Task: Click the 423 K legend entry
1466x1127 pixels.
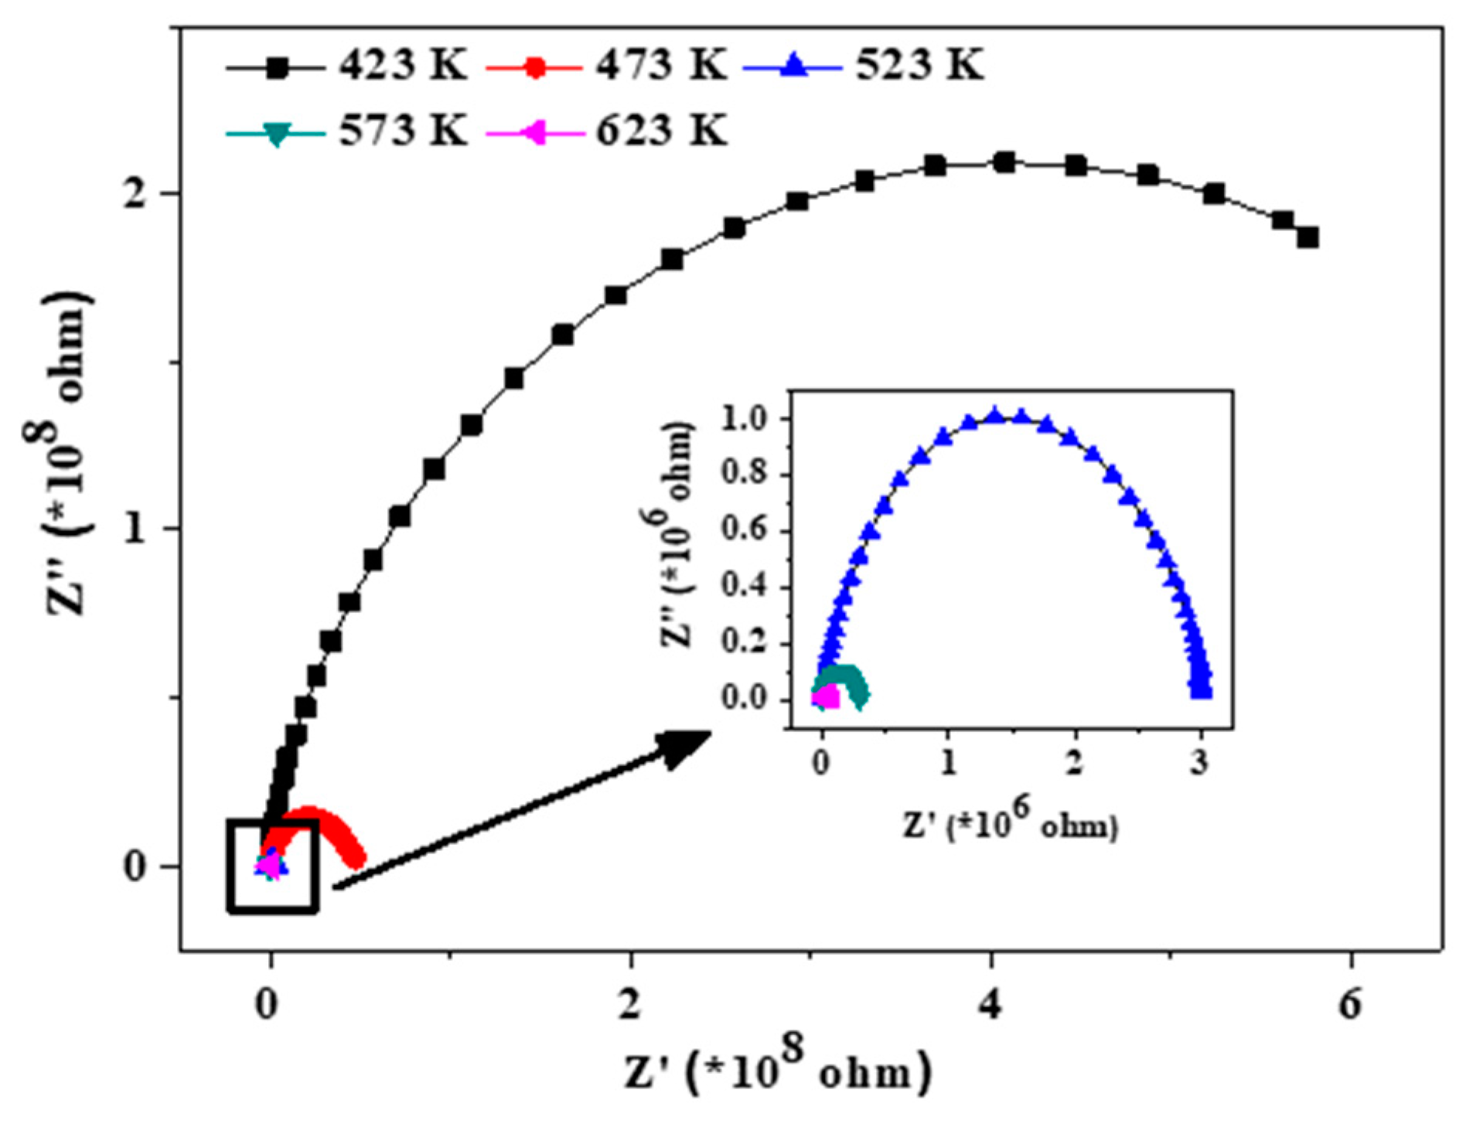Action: [x=348, y=66]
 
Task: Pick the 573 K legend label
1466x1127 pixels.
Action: [x=348, y=131]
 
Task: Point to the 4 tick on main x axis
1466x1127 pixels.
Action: [x=990, y=1005]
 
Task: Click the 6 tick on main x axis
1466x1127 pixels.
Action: [x=1350, y=1005]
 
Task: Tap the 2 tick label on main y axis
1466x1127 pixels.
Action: [x=135, y=193]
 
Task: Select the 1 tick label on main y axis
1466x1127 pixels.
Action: [x=135, y=530]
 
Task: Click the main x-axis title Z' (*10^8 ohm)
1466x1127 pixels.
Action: [x=777, y=1071]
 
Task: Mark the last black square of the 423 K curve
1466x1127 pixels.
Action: [x=1307, y=237]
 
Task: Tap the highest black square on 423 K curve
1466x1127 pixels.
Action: [x=1004, y=162]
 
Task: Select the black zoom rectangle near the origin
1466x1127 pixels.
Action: [x=272, y=866]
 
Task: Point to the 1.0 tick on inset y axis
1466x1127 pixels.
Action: [x=743, y=419]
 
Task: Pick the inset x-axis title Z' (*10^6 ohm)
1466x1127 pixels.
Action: [x=1010, y=826]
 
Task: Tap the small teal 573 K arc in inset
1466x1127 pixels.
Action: [x=843, y=680]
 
